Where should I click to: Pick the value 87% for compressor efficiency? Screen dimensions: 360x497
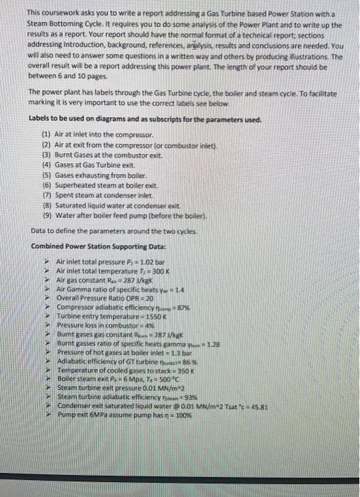(x=163, y=307)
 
